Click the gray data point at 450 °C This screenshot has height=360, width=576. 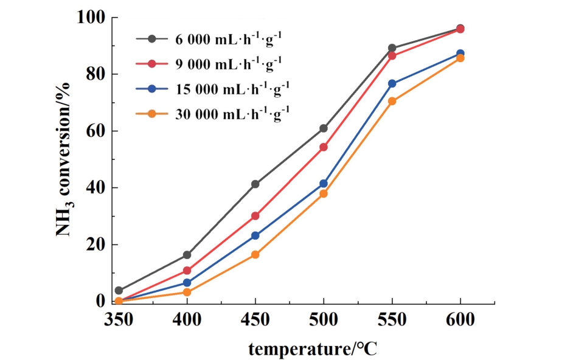tap(255, 184)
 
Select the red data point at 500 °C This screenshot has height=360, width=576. tap(324, 147)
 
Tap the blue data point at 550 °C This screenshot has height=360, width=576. tap(392, 83)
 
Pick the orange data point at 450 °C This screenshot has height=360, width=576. tap(255, 255)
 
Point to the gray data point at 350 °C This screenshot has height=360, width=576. tap(119, 291)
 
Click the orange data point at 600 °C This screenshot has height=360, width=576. tap(460, 58)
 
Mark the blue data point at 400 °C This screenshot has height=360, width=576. tap(187, 283)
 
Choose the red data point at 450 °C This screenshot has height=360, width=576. tap(255, 216)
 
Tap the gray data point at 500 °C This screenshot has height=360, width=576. tap(324, 128)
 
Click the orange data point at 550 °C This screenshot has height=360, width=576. tap(392, 101)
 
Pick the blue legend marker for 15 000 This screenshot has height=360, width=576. tap(153, 88)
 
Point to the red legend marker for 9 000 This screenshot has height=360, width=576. tap(153, 63)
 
